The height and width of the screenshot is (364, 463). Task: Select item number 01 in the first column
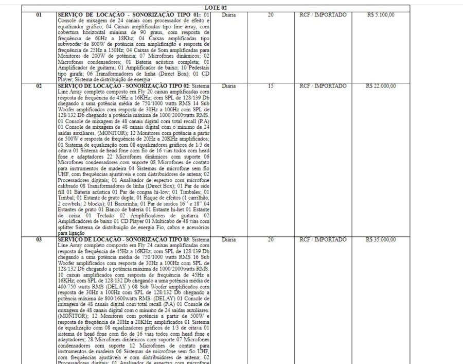[39, 15]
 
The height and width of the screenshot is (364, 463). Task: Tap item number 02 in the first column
[39, 86]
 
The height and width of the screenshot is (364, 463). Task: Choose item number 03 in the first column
[39, 240]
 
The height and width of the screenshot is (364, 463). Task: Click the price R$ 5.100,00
[381, 15]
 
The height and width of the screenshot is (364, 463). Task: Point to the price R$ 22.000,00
[381, 86]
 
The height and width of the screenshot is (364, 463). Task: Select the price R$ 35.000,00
[381, 240]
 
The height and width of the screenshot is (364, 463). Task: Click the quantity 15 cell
[271, 86]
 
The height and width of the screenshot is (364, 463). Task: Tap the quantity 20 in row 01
[271, 15]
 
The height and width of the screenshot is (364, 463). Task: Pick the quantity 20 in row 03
[271, 240]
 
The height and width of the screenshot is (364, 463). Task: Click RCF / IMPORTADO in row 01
[323, 15]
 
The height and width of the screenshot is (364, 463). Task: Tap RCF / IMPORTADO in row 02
[323, 86]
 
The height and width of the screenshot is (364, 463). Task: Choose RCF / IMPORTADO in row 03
[323, 240]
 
